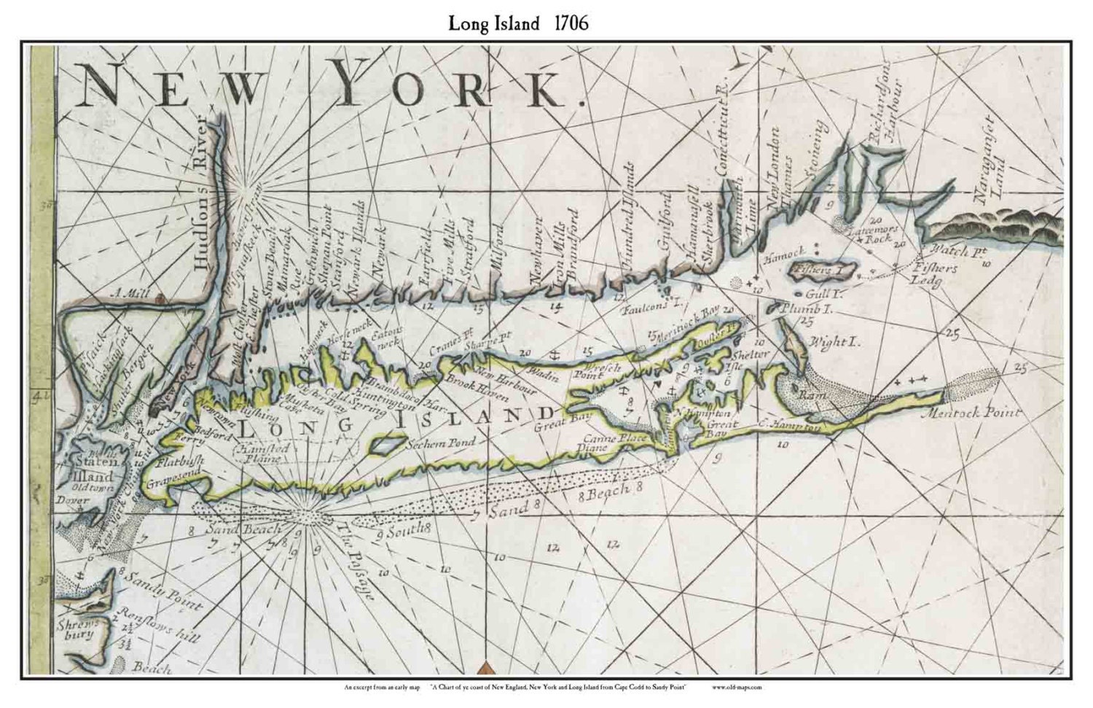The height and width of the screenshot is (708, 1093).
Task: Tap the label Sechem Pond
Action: point(441,443)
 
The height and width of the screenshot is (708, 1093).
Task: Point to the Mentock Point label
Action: point(983,413)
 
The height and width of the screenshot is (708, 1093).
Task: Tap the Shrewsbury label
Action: point(75,629)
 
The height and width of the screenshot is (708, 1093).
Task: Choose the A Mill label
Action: point(128,294)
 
